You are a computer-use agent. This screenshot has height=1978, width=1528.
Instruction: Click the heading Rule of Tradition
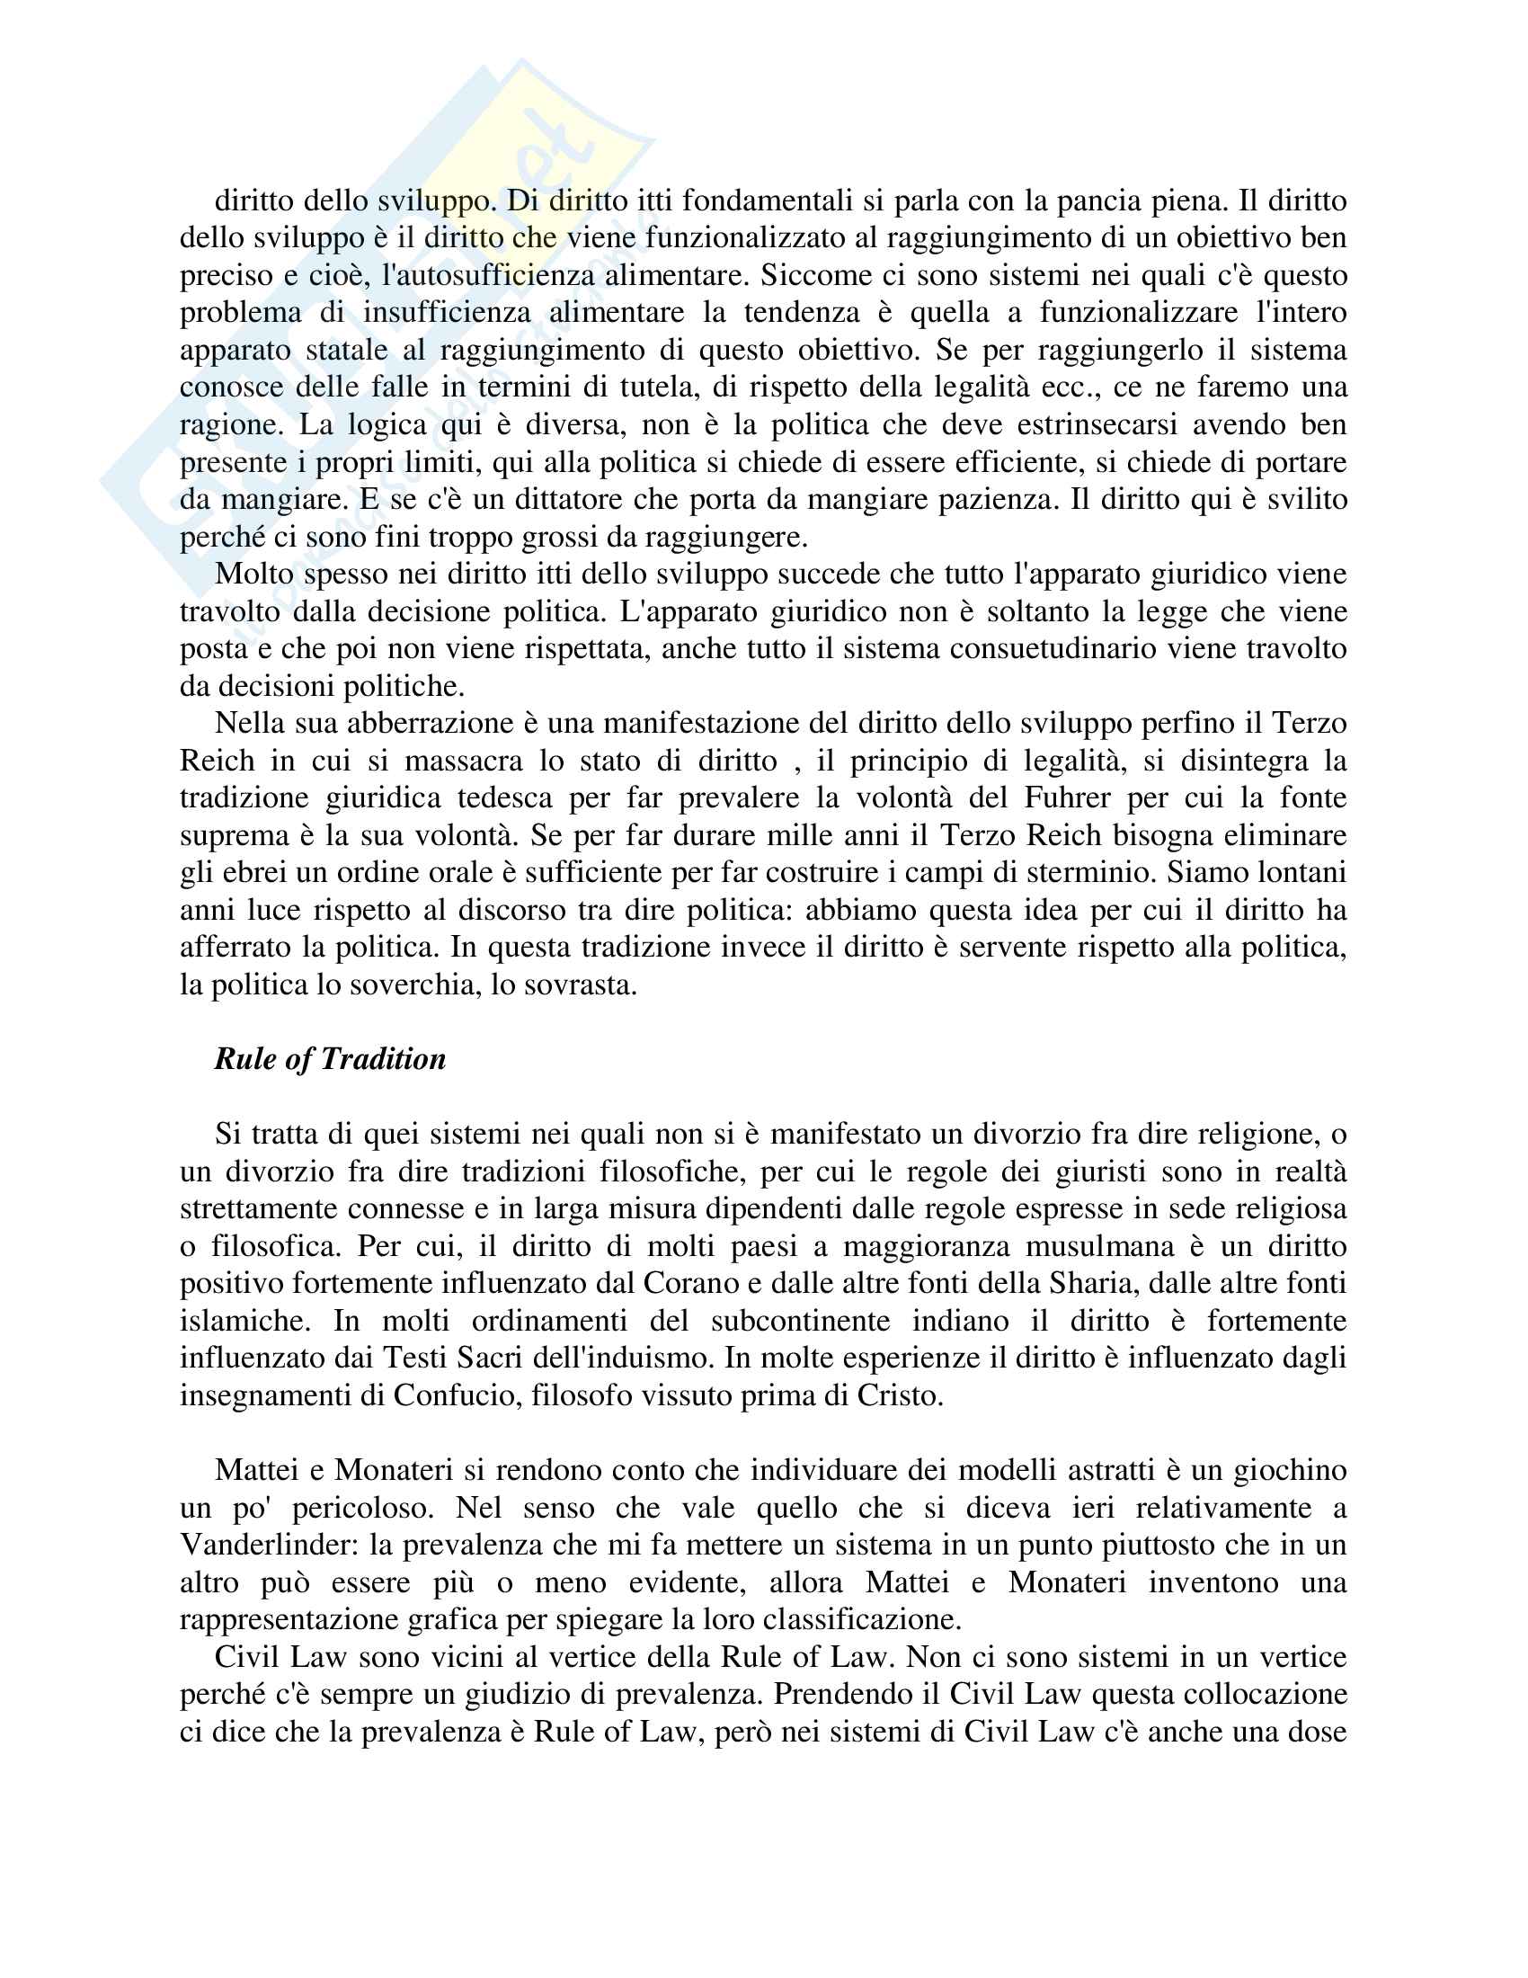click(330, 1060)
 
